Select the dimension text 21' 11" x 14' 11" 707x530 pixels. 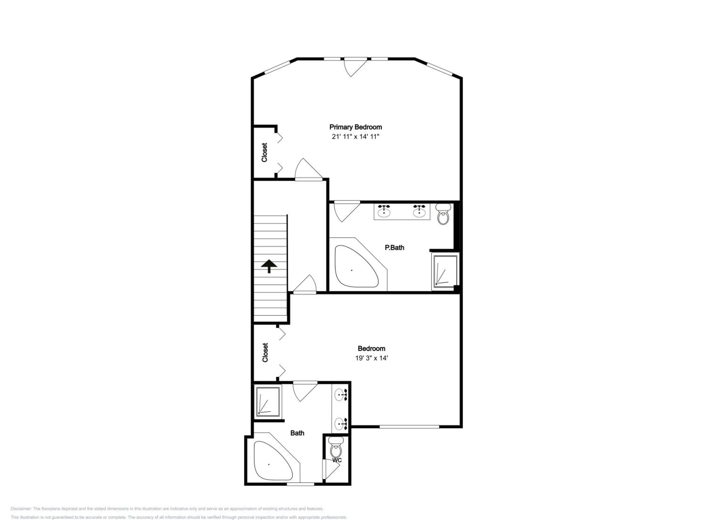click(x=355, y=137)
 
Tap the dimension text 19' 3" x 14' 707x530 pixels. click(x=371, y=358)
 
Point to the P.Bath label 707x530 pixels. click(x=395, y=247)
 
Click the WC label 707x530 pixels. click(x=337, y=460)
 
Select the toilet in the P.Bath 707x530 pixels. click(x=443, y=215)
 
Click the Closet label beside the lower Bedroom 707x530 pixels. click(x=265, y=352)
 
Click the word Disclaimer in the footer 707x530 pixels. click(x=21, y=509)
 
